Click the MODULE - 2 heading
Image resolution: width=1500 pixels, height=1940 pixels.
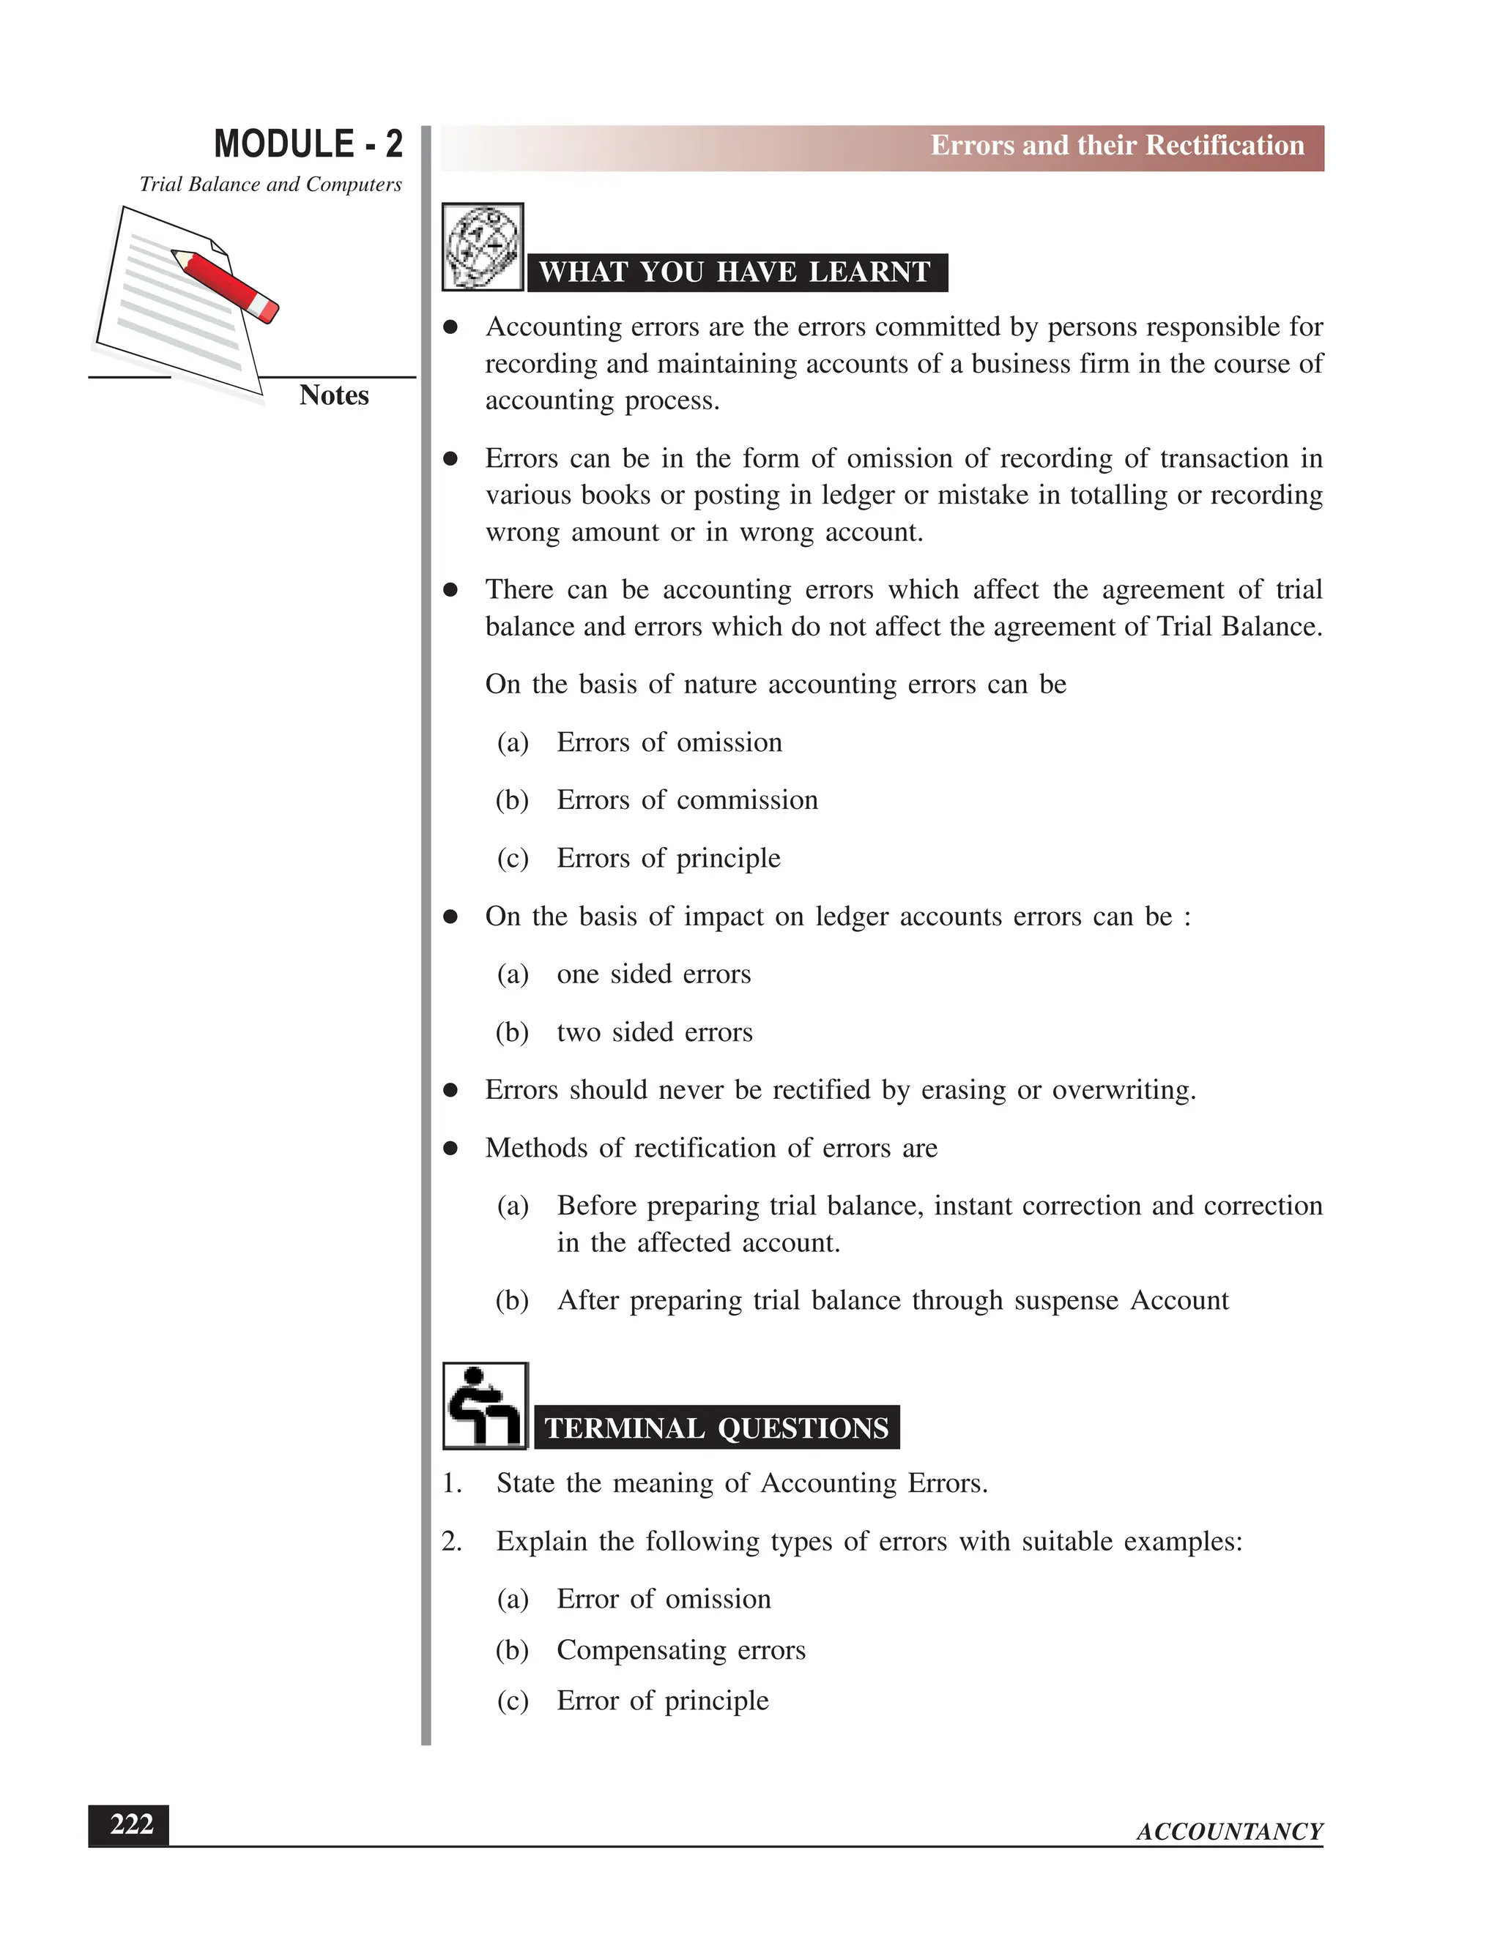coord(308,144)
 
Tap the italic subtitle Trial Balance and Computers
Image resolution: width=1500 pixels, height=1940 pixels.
coord(270,184)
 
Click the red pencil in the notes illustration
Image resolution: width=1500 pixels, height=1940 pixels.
coord(226,284)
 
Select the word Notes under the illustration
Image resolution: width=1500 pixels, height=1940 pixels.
coord(333,395)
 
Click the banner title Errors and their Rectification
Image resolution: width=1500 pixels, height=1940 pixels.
coord(1116,146)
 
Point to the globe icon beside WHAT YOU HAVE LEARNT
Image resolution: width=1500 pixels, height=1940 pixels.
coord(483,247)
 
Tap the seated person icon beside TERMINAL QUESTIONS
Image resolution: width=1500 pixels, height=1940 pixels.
coord(484,1406)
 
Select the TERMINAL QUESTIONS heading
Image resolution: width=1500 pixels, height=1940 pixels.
coord(716,1428)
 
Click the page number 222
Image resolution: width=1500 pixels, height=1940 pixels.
coord(130,1824)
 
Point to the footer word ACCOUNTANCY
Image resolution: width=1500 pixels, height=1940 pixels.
coord(1229,1832)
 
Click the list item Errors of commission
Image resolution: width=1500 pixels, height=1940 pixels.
coord(686,800)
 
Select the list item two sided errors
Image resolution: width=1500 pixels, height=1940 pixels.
coord(654,1032)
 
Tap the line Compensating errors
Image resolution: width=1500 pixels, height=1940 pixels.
coord(680,1649)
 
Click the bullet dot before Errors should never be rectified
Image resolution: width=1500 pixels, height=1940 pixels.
coord(450,1091)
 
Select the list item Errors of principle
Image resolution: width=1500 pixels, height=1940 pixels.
coord(668,858)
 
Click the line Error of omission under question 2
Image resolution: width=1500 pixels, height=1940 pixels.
coord(663,1599)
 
